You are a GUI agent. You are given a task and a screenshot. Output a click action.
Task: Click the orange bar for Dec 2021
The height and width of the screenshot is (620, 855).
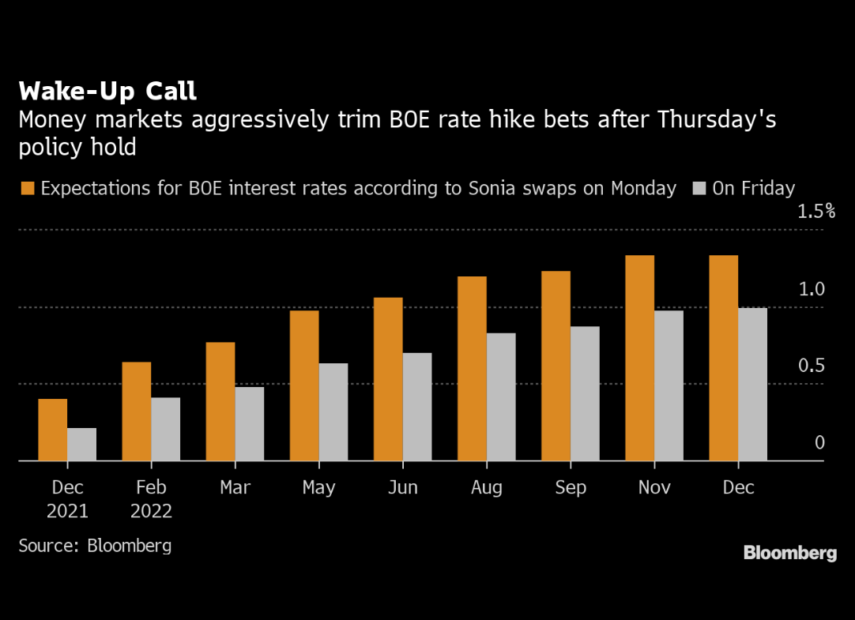click(x=53, y=430)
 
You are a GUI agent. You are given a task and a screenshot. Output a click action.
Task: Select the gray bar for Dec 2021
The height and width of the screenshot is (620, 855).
click(x=81, y=444)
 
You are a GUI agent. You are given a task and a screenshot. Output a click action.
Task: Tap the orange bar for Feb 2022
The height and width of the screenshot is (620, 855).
click(x=137, y=411)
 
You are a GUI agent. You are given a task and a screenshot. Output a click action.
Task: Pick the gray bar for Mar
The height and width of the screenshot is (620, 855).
click(x=250, y=423)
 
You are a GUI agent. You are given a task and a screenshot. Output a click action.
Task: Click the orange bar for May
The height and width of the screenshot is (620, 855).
click(x=304, y=385)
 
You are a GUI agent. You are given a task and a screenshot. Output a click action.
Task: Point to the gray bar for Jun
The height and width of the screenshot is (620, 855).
click(x=417, y=406)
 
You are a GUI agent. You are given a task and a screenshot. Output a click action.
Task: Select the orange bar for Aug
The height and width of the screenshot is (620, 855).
click(x=472, y=368)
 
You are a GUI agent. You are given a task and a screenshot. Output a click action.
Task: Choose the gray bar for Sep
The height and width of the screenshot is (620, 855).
click(x=585, y=393)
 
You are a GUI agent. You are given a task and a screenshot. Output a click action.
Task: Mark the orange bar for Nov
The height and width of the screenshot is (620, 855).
click(x=639, y=358)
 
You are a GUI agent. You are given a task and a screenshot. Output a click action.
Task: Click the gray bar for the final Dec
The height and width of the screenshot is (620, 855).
click(x=752, y=384)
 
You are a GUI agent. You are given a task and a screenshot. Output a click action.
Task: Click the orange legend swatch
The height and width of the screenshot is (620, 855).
click(x=28, y=188)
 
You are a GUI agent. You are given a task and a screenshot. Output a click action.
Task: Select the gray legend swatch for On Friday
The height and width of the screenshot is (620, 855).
click(x=699, y=188)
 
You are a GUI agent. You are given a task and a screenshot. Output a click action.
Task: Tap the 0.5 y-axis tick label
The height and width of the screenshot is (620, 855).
click(x=811, y=366)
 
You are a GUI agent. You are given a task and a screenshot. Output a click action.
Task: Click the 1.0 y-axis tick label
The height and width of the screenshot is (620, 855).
click(x=811, y=289)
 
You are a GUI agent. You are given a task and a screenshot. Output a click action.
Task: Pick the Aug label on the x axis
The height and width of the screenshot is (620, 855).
click(x=487, y=487)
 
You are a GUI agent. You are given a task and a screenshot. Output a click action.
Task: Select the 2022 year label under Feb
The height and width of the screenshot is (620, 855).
click(x=152, y=511)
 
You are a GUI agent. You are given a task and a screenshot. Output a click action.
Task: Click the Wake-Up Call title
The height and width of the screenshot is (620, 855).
click(x=107, y=91)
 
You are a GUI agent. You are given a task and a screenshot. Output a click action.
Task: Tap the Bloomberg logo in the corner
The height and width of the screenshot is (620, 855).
click(x=789, y=553)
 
